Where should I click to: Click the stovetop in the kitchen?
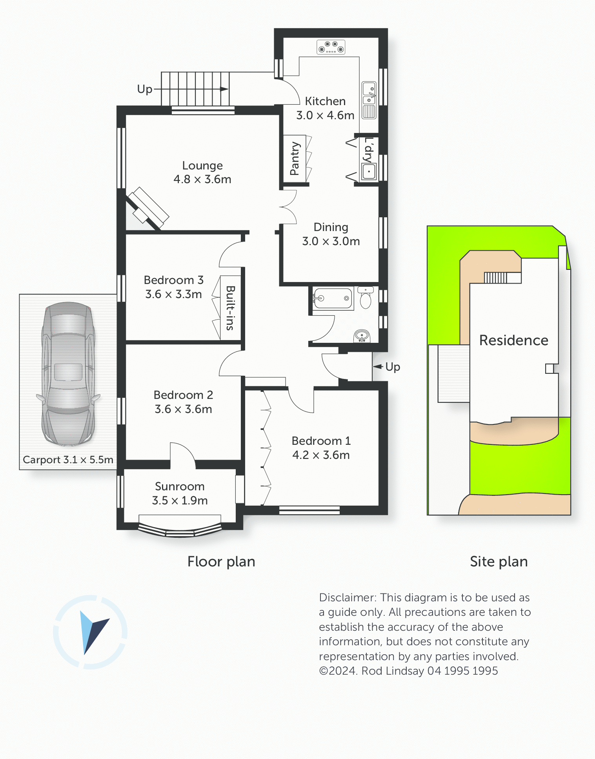click(331, 47)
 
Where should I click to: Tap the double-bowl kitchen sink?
click(369, 100)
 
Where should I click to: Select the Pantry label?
click(295, 158)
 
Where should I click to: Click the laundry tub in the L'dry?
click(369, 171)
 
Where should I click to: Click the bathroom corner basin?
click(362, 336)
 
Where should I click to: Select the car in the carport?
click(68, 374)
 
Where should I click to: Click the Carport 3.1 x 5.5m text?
click(68, 460)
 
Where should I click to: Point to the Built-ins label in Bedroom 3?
click(230, 308)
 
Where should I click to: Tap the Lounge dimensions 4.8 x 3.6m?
click(202, 179)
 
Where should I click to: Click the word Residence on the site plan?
click(514, 340)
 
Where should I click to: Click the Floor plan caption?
click(221, 562)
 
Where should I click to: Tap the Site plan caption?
click(499, 562)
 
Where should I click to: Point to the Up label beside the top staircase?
click(145, 89)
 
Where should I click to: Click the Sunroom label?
click(180, 486)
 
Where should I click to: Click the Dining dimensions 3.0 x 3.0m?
click(331, 241)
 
